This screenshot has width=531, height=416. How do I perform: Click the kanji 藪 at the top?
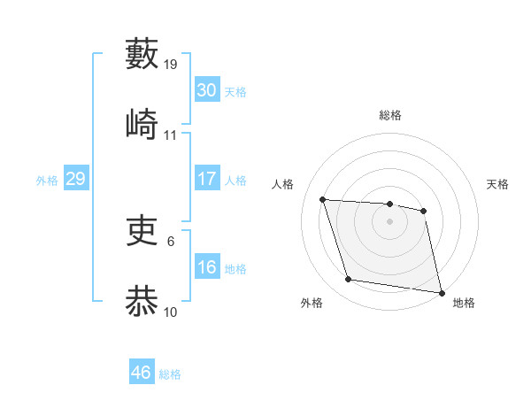pos(142,54)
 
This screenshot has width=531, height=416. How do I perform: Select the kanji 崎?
pos(142,125)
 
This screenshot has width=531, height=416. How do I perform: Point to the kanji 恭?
pos(142,302)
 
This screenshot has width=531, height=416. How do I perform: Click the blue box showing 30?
pos(206,90)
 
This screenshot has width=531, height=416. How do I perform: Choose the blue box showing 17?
pos(206,179)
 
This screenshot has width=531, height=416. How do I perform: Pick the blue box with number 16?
pos(206,267)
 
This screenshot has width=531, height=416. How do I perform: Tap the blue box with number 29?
pos(75,179)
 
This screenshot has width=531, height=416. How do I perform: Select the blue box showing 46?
pos(141,373)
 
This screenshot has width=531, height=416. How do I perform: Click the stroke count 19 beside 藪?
pos(171,65)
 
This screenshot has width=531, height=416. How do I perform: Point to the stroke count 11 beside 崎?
pos(171,135)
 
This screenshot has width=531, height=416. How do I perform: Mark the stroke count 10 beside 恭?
pos(171,312)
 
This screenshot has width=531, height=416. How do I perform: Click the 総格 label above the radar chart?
pos(390,115)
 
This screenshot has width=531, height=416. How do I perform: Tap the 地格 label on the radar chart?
pos(464,304)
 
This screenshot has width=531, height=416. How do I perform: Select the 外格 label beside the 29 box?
pos(47,181)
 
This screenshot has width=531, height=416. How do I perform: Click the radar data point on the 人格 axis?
pos(323,199)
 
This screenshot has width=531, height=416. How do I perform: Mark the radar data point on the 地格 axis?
pos(440,291)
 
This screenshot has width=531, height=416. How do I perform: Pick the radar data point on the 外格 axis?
pos(349,280)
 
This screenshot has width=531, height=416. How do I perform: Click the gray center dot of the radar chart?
pos(390,221)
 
